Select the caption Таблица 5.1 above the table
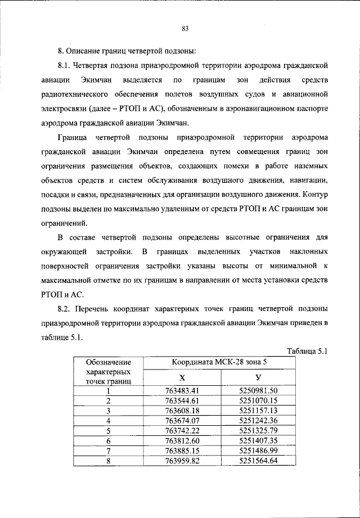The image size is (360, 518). pyautogui.click(x=307, y=352)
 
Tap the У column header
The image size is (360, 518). pyautogui.click(x=258, y=377)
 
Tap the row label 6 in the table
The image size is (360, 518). pyautogui.click(x=108, y=440)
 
